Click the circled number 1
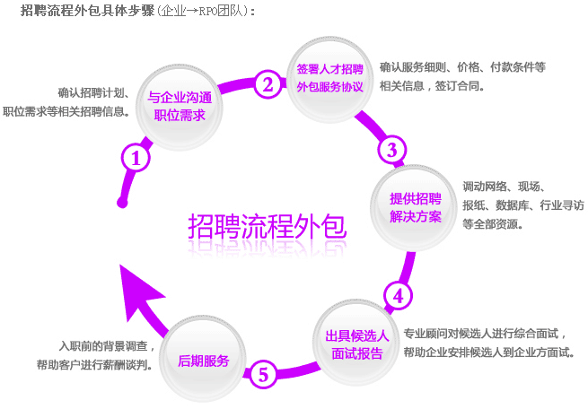tap(135, 159)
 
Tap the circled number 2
tap(267, 84)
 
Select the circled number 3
tap(391, 149)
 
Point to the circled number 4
tap(398, 294)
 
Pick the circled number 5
tap(261, 373)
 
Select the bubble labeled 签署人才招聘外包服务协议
tap(329, 77)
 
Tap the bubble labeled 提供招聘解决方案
tap(415, 207)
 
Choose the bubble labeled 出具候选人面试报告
tap(356, 344)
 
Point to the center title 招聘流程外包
tap(267, 227)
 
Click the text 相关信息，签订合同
tap(433, 86)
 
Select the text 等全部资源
tap(493, 225)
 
